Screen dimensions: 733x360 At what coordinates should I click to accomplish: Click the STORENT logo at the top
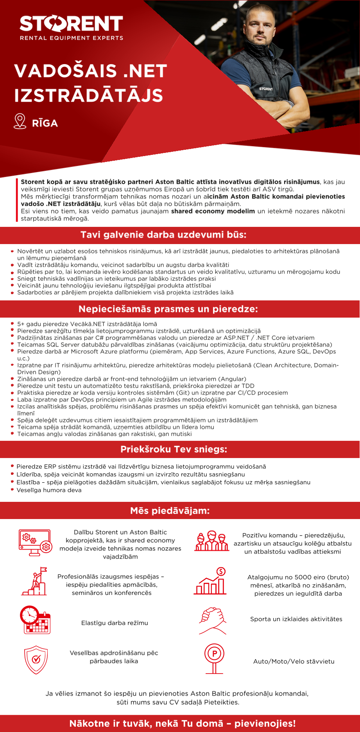click(x=71, y=24)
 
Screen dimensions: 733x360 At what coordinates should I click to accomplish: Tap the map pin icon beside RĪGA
click(x=20, y=121)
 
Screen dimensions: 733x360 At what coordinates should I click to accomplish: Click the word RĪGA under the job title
click(x=45, y=123)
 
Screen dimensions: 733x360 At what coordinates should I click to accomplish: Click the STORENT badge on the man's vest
click(x=266, y=89)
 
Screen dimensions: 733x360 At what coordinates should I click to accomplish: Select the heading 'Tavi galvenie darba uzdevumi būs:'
click(x=163, y=235)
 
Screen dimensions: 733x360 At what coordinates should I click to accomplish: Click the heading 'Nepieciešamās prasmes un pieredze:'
click(x=168, y=309)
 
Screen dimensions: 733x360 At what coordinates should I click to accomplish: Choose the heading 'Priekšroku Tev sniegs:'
click(x=174, y=449)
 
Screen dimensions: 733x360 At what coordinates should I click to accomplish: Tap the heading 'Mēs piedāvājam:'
click(x=170, y=510)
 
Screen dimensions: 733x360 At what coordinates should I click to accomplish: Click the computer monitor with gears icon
click(x=35, y=543)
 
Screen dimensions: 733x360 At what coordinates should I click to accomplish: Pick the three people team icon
click(x=211, y=541)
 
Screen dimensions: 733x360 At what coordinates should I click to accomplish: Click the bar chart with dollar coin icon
click(x=210, y=582)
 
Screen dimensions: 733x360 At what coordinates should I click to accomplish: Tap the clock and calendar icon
click(x=35, y=620)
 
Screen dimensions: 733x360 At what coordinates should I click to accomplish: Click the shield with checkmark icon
click(x=36, y=660)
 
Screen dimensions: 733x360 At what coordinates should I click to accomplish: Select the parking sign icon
click(x=214, y=658)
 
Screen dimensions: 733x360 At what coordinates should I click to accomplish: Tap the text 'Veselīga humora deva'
click(x=49, y=490)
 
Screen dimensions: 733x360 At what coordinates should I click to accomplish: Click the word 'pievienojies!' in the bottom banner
click(x=265, y=723)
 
